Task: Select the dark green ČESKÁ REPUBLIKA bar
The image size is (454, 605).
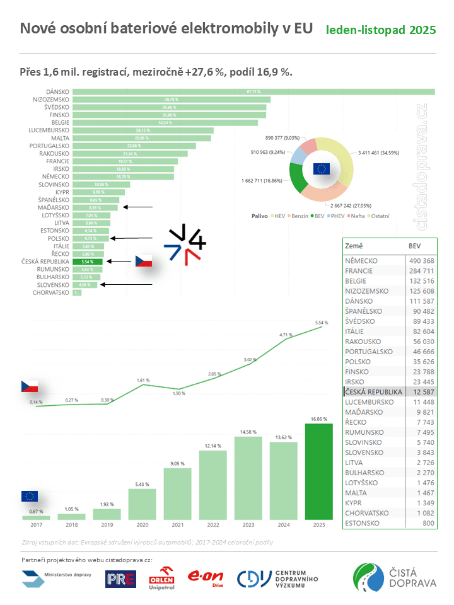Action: click(x=83, y=262)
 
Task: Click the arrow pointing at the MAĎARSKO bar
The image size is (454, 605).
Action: click(x=138, y=207)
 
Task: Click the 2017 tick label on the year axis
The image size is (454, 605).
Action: click(x=36, y=524)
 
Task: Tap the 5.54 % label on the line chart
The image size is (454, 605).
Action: click(x=322, y=323)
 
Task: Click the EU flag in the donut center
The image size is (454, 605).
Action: click(x=322, y=168)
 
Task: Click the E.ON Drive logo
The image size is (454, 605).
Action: click(x=206, y=579)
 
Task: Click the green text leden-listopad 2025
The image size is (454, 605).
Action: click(x=381, y=30)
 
